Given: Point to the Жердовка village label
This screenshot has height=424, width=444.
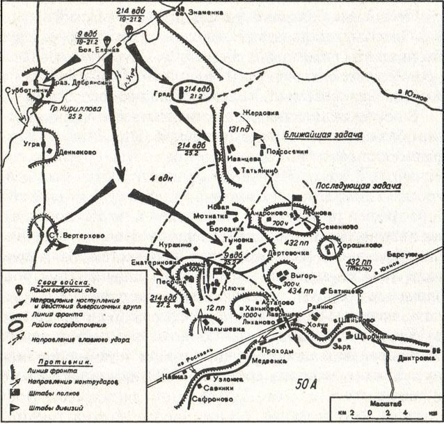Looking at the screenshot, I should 259,112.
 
